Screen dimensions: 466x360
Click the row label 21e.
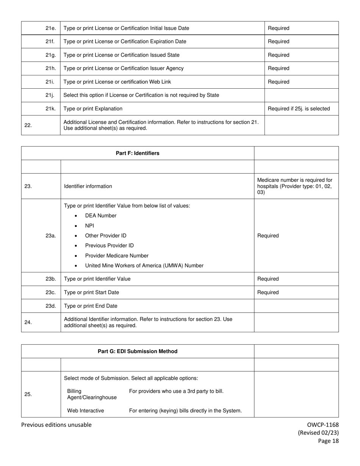51,28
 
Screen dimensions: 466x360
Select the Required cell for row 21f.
279,42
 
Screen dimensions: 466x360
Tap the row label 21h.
51,69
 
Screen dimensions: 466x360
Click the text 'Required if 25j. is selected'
299,109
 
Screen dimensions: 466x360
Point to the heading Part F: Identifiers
138,153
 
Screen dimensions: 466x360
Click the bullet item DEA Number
101,216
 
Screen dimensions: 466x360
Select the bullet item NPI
90,226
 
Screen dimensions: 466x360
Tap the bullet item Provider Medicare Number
117,256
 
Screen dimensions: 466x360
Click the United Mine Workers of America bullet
144,266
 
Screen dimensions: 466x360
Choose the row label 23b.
51,279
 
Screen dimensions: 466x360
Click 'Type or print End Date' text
91,306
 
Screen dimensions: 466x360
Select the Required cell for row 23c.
268,292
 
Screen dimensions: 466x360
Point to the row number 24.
28,322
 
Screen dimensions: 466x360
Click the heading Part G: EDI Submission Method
138,351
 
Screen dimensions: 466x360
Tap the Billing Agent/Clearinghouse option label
92,394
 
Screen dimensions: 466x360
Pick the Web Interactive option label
86,411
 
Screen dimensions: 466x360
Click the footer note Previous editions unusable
56,425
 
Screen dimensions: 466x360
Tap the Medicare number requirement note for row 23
295,186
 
